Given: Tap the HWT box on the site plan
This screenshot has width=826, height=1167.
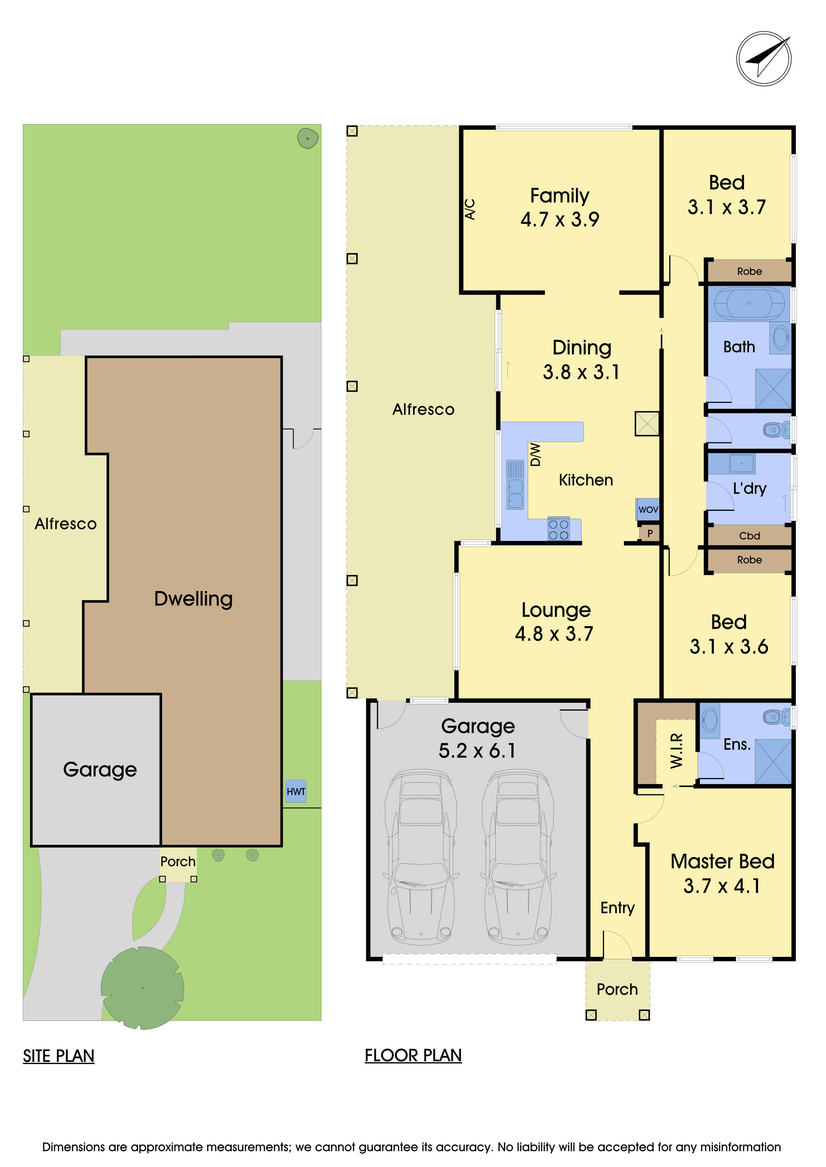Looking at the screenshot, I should (295, 791).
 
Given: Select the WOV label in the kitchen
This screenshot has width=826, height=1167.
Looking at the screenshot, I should (648, 509).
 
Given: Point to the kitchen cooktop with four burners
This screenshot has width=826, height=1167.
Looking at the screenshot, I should (558, 530).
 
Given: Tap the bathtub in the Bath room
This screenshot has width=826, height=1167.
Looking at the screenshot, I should (749, 304).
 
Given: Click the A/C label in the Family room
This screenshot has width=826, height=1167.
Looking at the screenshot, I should (470, 209).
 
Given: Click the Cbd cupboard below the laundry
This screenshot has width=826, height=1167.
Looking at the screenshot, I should (749, 536).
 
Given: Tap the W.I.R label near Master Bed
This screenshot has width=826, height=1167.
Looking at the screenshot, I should (676, 750).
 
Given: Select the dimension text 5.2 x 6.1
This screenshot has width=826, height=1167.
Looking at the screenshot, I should (477, 751).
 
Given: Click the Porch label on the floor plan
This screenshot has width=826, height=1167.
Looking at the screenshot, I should (617, 989).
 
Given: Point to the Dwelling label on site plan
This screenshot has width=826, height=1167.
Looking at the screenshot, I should (193, 599).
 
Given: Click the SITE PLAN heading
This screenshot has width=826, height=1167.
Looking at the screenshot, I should (58, 1056).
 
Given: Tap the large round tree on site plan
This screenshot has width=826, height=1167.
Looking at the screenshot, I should (142, 987).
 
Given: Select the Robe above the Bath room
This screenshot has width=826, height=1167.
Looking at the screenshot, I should (749, 271).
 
